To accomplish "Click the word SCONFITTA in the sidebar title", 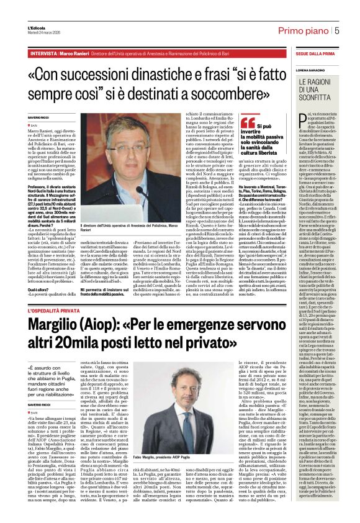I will click(x=313, y=97).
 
